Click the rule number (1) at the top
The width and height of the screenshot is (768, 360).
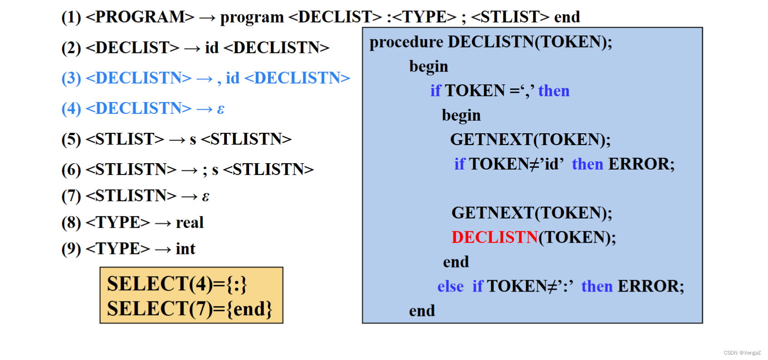tap(71, 17)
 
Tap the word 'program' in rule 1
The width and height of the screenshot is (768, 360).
tap(252, 17)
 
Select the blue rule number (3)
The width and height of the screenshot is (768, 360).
tap(71, 78)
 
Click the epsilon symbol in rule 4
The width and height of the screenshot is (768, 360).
tap(220, 109)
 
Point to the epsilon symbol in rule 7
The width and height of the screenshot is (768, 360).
tap(205, 196)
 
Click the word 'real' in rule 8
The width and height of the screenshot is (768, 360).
tap(190, 223)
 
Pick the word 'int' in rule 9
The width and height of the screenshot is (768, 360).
tap(186, 249)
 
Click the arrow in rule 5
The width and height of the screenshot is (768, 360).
tap(177, 140)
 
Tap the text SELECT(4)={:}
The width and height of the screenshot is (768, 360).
tap(177, 284)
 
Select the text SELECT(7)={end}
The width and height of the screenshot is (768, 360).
tap(190, 309)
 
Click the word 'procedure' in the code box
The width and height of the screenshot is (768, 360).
tap(406, 42)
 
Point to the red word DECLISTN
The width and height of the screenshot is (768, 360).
tap(494, 238)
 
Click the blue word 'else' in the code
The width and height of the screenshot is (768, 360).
tap(450, 287)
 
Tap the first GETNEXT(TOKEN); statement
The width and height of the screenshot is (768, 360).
tap(530, 140)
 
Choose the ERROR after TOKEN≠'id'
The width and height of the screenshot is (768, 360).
tap(641, 164)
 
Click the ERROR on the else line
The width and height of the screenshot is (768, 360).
tap(651, 287)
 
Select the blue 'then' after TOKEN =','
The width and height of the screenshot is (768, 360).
tap(554, 91)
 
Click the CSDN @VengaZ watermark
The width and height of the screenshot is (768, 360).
tap(742, 353)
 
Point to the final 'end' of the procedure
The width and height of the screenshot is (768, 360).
tap(422, 311)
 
